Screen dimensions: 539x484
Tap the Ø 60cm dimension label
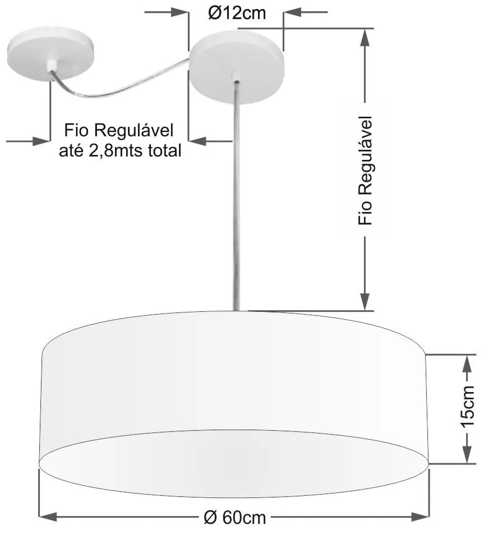235,517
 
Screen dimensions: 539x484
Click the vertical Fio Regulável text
365,171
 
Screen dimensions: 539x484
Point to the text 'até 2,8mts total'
120,150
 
